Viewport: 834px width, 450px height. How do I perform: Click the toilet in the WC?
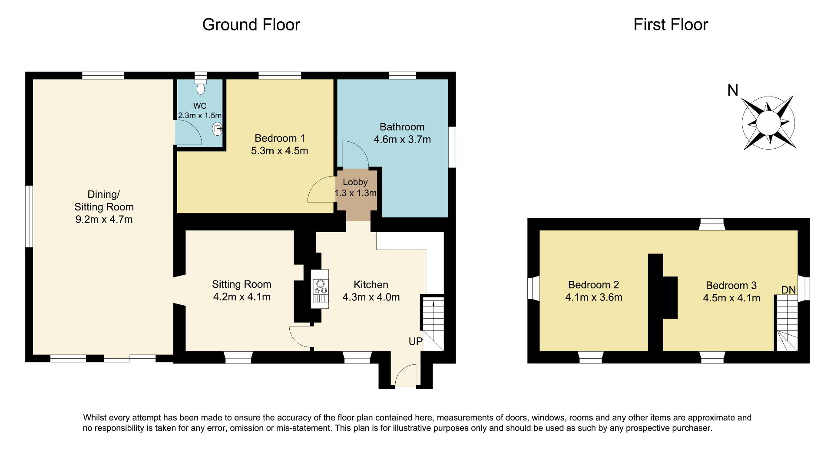[200, 86]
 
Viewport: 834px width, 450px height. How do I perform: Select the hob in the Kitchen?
[320, 288]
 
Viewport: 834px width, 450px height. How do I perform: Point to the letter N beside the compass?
[733, 90]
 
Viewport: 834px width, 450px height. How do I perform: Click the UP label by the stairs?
[415, 341]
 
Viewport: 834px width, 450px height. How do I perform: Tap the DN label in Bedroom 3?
[788, 290]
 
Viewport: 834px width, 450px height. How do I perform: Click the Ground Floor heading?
[251, 24]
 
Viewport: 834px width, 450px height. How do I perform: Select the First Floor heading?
[671, 24]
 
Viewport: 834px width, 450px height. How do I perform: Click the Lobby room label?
[355, 182]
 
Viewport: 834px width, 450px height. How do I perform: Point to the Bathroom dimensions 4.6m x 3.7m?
[402, 140]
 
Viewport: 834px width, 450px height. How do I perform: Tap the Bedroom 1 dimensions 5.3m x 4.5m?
[280, 151]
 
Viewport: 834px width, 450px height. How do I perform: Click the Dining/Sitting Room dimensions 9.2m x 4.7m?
[104, 219]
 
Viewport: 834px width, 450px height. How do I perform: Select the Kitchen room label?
[371, 285]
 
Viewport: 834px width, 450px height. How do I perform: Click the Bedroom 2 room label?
[593, 285]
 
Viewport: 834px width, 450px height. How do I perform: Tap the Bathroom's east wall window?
[452, 147]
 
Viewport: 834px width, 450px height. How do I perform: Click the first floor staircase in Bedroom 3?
[787, 323]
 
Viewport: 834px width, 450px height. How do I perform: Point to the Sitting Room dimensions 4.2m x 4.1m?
[242, 297]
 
